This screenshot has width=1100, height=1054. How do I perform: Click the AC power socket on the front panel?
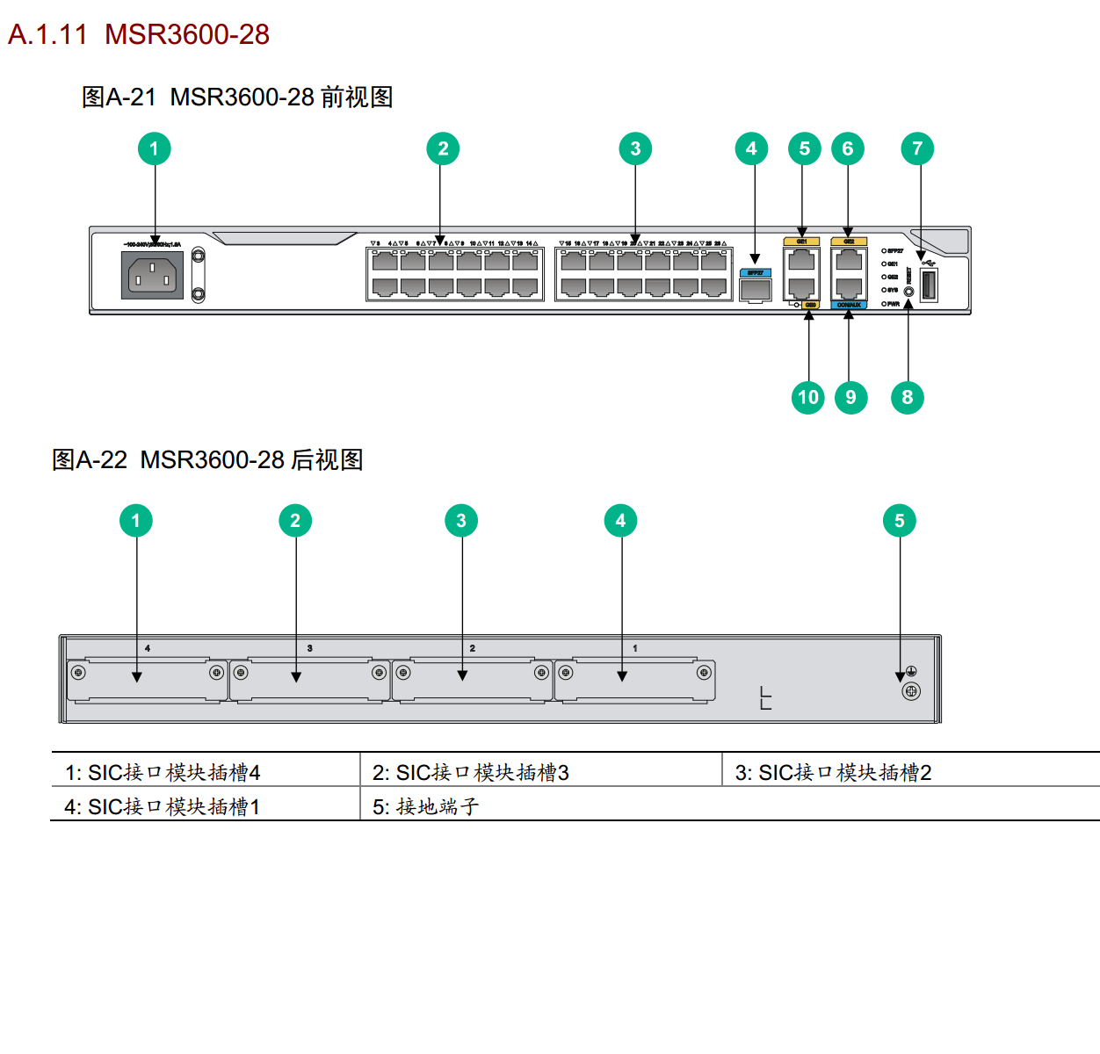tap(152, 276)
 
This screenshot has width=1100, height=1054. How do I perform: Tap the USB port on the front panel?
tap(929, 286)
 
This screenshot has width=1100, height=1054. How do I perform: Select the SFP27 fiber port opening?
tap(755, 289)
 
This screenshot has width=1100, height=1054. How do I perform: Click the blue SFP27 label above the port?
tap(755, 273)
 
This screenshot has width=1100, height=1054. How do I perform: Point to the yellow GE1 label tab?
tap(801, 242)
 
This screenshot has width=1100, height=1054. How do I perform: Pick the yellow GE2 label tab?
tap(849, 242)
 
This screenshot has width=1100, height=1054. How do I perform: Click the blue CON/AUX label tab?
tap(849, 305)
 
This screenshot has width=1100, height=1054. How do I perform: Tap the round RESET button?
tap(908, 290)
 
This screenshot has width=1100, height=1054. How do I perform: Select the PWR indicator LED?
tap(884, 304)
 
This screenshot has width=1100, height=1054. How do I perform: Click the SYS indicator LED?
tap(884, 290)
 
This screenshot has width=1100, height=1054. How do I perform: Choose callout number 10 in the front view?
tap(808, 397)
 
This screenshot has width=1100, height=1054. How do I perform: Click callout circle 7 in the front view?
tap(917, 148)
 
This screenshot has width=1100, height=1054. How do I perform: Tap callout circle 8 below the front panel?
tap(908, 397)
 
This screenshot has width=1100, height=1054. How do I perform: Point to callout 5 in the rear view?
tap(899, 521)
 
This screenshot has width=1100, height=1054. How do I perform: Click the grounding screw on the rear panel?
tap(911, 691)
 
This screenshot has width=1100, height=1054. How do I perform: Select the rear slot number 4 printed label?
tap(148, 648)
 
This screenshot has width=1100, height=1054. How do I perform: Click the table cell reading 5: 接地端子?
tap(426, 806)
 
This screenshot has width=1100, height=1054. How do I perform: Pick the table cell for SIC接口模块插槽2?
tap(833, 772)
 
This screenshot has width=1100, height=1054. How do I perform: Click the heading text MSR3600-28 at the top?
tap(186, 34)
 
